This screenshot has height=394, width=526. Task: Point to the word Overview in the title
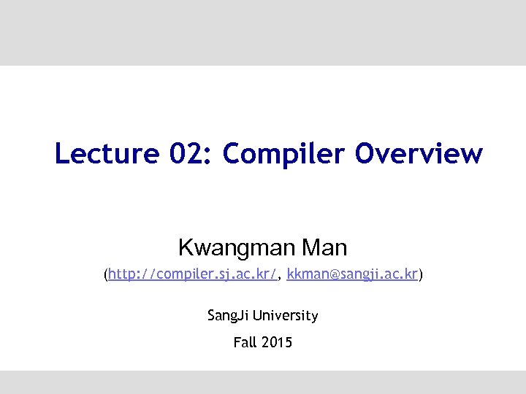click(419, 154)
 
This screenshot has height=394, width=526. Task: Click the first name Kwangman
click(237, 248)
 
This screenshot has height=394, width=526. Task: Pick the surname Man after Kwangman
click(324, 247)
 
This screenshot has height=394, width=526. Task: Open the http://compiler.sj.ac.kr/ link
click(193, 274)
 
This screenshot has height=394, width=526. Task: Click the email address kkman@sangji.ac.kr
click(353, 274)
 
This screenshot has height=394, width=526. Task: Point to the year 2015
click(277, 341)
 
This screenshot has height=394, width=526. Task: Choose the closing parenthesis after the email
click(421, 275)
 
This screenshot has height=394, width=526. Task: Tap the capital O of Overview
click(367, 154)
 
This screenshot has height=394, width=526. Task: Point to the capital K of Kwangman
click(185, 247)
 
